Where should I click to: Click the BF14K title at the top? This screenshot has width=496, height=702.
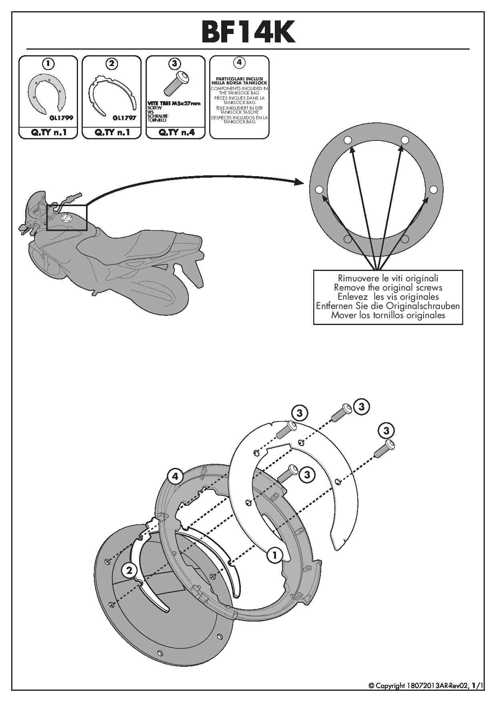coord(248,32)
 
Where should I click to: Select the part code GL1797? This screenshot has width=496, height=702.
coord(124,118)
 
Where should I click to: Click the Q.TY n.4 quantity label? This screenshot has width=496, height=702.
coord(176,132)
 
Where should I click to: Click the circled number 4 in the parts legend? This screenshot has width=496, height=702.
coord(239,62)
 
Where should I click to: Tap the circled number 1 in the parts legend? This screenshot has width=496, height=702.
coord(48,63)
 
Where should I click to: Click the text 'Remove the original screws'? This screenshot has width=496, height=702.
coord(388,287)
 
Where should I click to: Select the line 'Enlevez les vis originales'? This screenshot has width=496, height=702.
coord(388,297)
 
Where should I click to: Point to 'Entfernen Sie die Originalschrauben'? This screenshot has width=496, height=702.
coord(388,306)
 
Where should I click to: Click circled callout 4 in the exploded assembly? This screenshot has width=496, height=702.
coord(175,476)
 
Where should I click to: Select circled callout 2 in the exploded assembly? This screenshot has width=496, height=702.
coord(129,570)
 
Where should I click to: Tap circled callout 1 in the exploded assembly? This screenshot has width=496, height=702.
coord(274,555)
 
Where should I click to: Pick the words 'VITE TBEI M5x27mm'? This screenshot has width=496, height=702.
coord(174,103)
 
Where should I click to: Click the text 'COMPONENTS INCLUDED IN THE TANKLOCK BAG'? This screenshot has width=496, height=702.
coord(239,90)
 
